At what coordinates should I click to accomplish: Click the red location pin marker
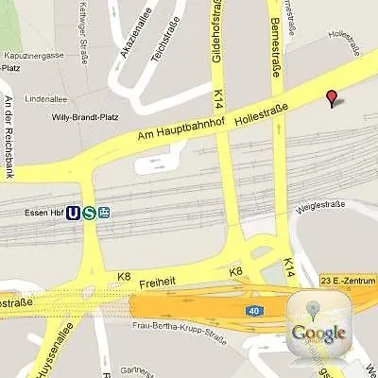pos(331,97)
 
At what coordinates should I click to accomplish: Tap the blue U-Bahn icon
pos(73,213)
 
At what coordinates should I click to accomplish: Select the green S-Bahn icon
pos(89,213)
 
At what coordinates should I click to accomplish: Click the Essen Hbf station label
pos(43,213)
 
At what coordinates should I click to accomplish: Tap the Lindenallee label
pos(44,97)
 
